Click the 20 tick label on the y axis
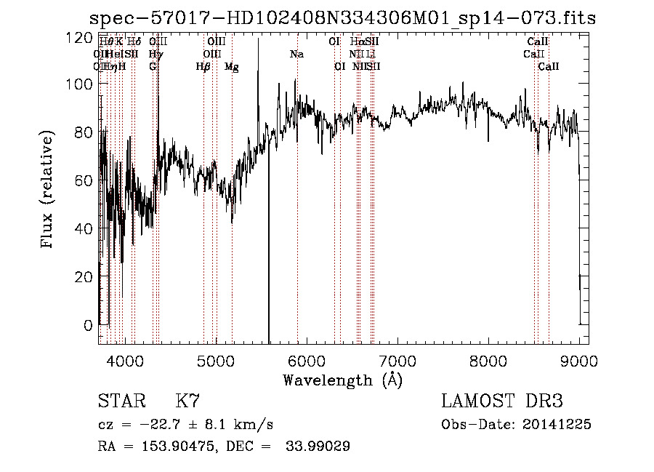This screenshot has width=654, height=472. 86,277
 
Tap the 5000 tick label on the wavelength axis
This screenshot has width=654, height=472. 215,361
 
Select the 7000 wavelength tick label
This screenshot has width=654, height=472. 397,361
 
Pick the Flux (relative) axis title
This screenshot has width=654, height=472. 49,191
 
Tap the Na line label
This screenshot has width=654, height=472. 296,55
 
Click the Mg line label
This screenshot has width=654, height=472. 232,67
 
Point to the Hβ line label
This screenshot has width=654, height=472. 203,67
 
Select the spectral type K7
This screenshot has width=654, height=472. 187,402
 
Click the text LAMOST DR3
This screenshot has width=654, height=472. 502,402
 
